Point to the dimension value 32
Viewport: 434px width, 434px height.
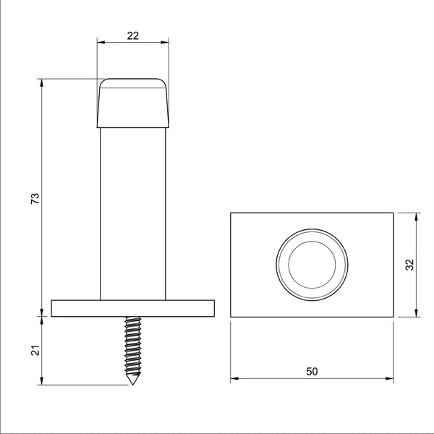pyautogui.click(x=409, y=265)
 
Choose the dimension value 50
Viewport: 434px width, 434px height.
pyautogui.click(x=312, y=371)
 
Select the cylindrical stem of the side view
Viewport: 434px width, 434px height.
pyautogui.click(x=133, y=210)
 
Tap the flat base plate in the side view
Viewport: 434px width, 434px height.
pyautogui.click(x=133, y=308)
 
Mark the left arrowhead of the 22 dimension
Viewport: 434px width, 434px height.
pyautogui.click(x=100, y=42)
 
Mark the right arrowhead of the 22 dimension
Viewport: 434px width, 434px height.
pyautogui.click(x=168, y=42)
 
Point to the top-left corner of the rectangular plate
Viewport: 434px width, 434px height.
pyautogui.click(x=231, y=213)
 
